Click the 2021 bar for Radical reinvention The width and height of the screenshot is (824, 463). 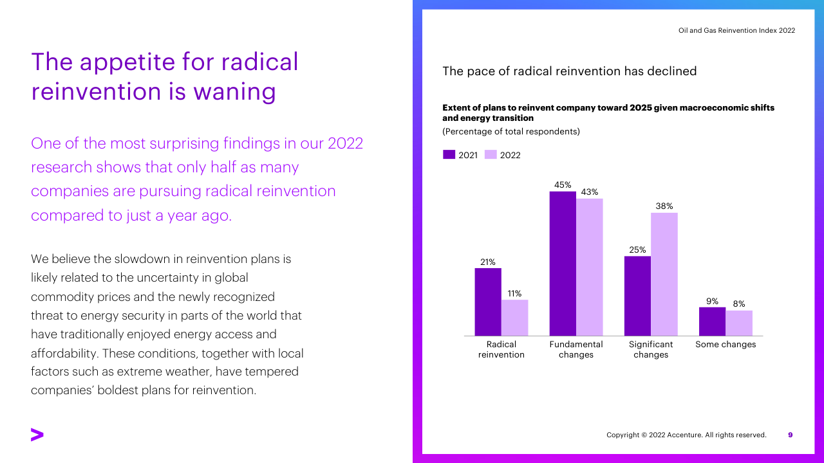tap(488, 302)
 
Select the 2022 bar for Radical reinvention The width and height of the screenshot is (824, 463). tap(514, 318)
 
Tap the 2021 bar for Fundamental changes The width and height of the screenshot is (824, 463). tap(563, 264)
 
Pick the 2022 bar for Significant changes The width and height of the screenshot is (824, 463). tap(664, 274)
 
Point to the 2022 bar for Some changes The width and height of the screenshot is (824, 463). tap(739, 323)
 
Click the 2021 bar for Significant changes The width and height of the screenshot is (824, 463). tap(637, 296)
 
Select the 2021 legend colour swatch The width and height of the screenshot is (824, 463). tap(449, 154)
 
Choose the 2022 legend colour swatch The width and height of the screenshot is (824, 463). tap(491, 154)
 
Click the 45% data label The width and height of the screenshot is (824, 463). tap(563, 185)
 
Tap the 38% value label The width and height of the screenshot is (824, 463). tap(664, 206)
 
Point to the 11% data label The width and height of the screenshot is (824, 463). tap(514, 293)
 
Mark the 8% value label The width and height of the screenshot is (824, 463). tap(739, 304)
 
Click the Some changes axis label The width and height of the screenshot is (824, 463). tap(726, 345)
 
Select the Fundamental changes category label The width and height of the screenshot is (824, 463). tap(576, 349)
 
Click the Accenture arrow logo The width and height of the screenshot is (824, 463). tap(37, 435)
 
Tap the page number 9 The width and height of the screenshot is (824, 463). tap(791, 435)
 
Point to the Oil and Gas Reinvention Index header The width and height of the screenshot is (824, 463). tap(736, 30)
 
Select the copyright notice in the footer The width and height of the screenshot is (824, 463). tap(686, 435)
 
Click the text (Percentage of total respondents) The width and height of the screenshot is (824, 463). tap(511, 132)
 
